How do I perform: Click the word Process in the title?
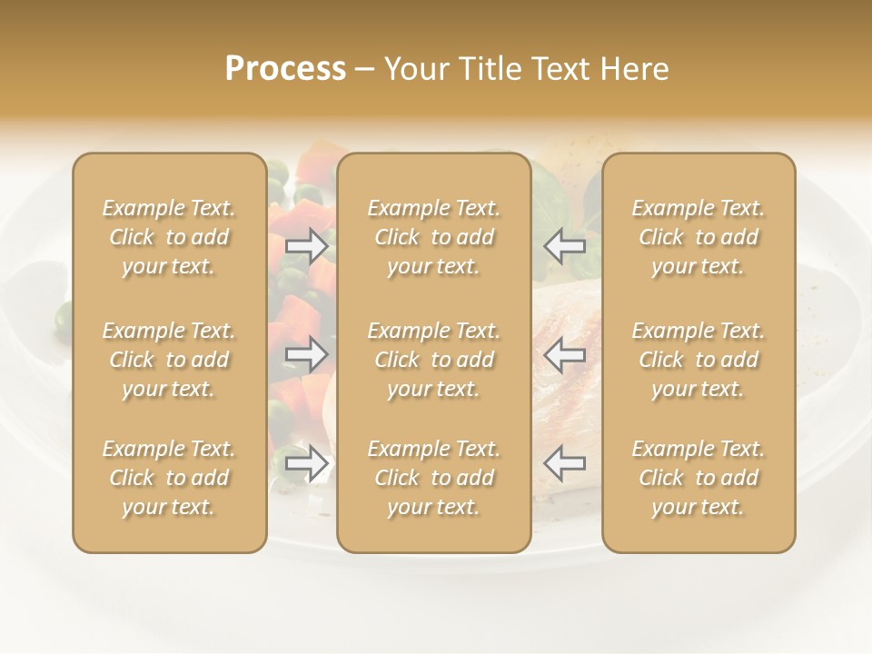pos(285,69)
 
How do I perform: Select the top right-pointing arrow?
pos(306,246)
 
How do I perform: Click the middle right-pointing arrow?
pos(306,354)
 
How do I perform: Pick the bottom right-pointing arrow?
pos(306,463)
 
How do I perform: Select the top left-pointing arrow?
pos(564,246)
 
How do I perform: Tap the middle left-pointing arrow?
pos(564,354)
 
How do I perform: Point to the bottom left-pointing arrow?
pos(564,463)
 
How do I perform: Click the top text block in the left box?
pos(169,238)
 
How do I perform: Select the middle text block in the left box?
pos(169,360)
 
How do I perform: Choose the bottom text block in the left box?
pos(169,478)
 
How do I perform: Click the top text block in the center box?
pos(433,238)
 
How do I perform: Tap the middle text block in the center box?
pos(433,360)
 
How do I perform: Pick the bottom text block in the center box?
pos(433,478)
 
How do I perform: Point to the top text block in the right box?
pos(698,238)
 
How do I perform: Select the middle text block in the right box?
pos(698,360)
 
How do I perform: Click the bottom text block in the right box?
pos(698,478)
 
